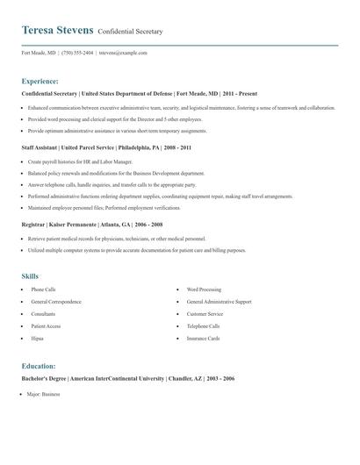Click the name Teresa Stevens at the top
click(57, 30)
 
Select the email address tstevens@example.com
click(123, 53)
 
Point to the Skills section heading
click(30, 276)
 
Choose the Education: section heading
click(39, 366)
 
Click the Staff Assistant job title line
click(106, 148)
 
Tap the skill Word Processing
click(204, 289)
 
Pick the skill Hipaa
click(37, 338)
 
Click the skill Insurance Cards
click(203, 338)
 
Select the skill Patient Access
click(45, 325)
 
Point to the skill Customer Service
click(205, 313)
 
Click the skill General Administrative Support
click(219, 301)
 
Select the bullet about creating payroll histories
click(80, 161)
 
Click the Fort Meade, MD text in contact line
click(40, 53)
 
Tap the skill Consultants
click(43, 313)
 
